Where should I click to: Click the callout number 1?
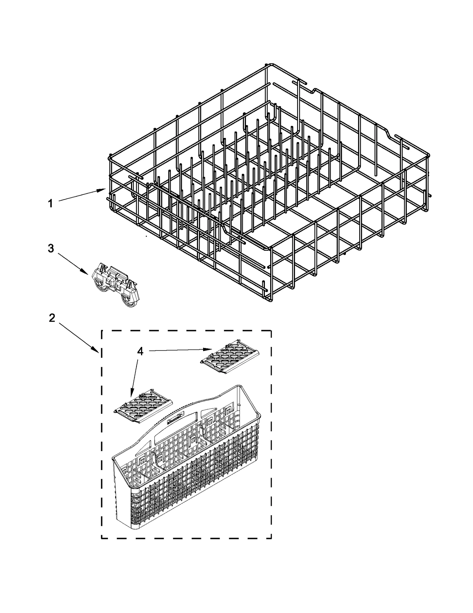(x=51, y=204)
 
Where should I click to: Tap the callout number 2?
(x=52, y=318)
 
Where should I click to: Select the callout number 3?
(x=51, y=248)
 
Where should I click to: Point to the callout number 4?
(x=140, y=351)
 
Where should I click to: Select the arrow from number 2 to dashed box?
(x=78, y=337)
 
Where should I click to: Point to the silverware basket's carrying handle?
(x=177, y=422)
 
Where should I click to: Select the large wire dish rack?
(x=266, y=184)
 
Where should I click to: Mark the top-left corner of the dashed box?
(x=102, y=331)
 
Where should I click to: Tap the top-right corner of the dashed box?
(x=271, y=331)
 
